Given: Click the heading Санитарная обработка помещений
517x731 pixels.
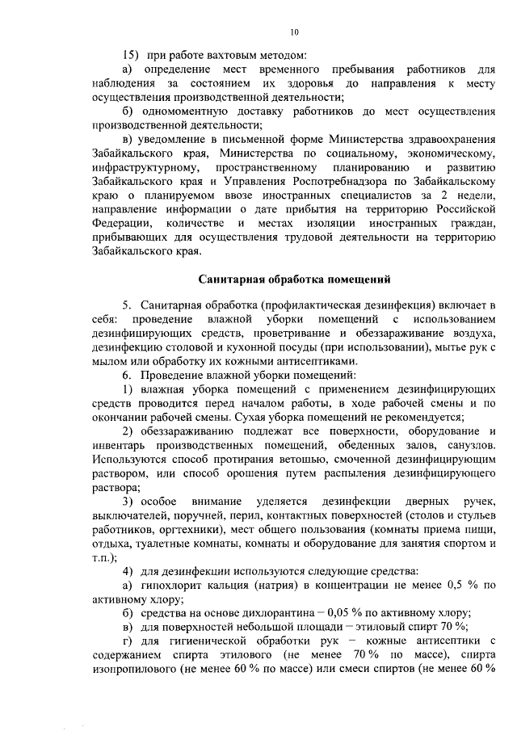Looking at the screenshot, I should click(295, 279).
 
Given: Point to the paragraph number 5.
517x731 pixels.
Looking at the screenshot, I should click(126, 305).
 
